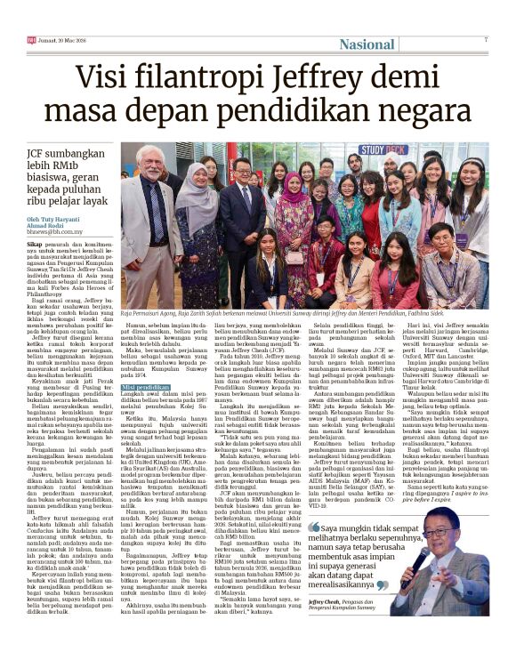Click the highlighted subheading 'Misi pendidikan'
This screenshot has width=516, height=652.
(x=144, y=388)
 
